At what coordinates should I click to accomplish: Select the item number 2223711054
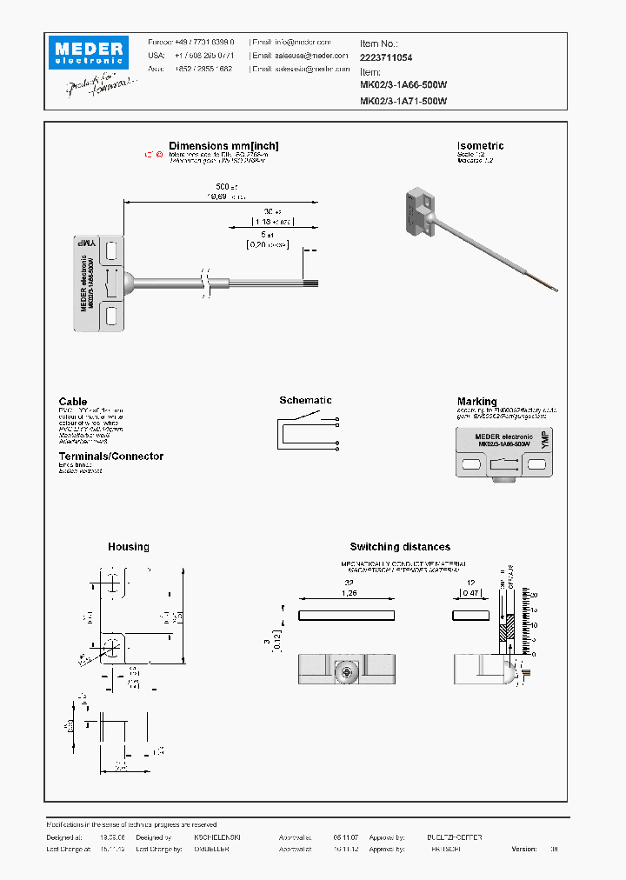(x=386, y=57)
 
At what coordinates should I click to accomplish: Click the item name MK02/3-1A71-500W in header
(x=403, y=101)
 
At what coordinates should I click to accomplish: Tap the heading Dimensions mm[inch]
(x=223, y=146)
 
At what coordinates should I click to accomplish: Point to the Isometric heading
(x=480, y=146)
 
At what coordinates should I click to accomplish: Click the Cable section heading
(x=73, y=402)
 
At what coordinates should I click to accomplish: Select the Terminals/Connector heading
(x=110, y=457)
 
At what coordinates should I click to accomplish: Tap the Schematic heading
(x=305, y=401)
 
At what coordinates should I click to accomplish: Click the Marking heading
(x=477, y=402)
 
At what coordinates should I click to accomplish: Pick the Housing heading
(x=128, y=547)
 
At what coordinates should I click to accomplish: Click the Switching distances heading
(x=400, y=547)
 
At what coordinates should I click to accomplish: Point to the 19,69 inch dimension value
(x=216, y=197)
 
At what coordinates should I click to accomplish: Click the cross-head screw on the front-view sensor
(x=345, y=670)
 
